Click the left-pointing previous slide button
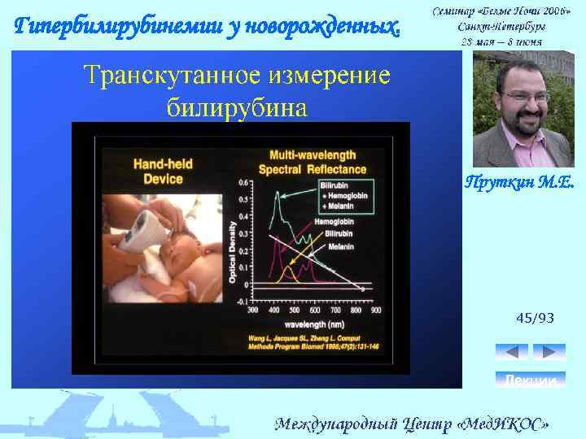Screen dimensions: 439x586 pos(512,352)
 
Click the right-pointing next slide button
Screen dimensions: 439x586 pos(549,352)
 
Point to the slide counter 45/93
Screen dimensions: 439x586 pos(535,318)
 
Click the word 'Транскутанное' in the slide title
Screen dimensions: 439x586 pos(168,76)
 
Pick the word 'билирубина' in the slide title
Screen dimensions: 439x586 pos(237,106)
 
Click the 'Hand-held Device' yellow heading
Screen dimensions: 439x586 pos(168,171)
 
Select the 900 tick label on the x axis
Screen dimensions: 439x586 pos(375,311)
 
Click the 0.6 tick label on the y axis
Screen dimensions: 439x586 pos(243,182)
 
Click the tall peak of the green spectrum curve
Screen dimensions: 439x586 pos(278,193)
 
